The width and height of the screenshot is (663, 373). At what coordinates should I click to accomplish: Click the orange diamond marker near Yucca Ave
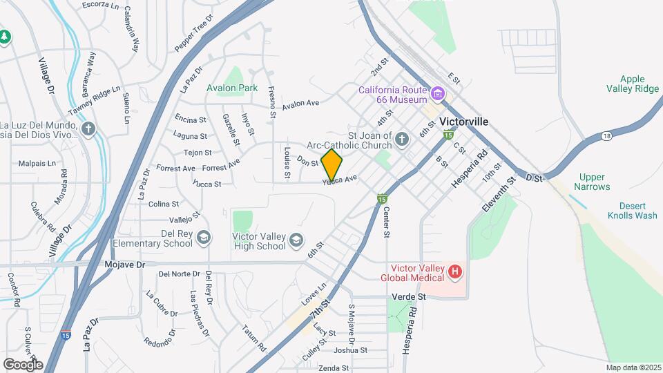click(x=332, y=165)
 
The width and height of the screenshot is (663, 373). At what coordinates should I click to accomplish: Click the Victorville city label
click(x=464, y=122)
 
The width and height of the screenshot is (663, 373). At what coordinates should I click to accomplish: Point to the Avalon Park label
click(x=232, y=88)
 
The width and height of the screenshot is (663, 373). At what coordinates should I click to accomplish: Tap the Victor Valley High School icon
click(x=296, y=240)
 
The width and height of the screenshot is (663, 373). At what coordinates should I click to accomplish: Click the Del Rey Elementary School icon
click(x=204, y=238)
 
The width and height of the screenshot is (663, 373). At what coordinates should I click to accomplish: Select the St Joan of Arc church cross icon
click(x=401, y=141)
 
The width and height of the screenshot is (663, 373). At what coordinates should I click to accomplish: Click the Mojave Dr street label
click(x=125, y=264)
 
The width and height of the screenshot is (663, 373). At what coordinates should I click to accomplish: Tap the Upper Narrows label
click(x=595, y=182)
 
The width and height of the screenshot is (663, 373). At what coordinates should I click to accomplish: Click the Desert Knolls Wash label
click(x=632, y=211)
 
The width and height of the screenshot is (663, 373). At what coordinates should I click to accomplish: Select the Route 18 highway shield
click(x=606, y=135)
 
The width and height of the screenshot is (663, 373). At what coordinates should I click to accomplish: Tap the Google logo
click(x=23, y=364)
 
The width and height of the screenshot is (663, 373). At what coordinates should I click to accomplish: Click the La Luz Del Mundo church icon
click(x=88, y=128)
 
